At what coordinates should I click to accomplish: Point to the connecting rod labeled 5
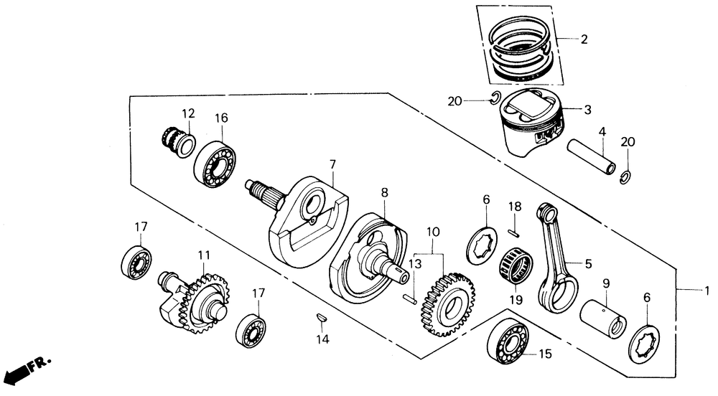pyautogui.click(x=556, y=258)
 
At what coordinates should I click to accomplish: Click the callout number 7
pyautogui.click(x=332, y=164)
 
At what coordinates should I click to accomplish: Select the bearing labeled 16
pyautogui.click(x=215, y=164)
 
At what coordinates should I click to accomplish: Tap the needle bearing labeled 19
pyautogui.click(x=515, y=267)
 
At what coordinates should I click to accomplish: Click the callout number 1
pyautogui.click(x=707, y=290)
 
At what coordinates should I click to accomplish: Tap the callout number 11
pyautogui.click(x=203, y=255)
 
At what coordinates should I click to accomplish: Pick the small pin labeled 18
pyautogui.click(x=514, y=234)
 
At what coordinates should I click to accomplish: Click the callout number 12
pyautogui.click(x=188, y=113)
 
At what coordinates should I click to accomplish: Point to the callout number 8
pyautogui.click(x=384, y=192)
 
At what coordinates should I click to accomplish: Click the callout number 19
pyautogui.click(x=516, y=300)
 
